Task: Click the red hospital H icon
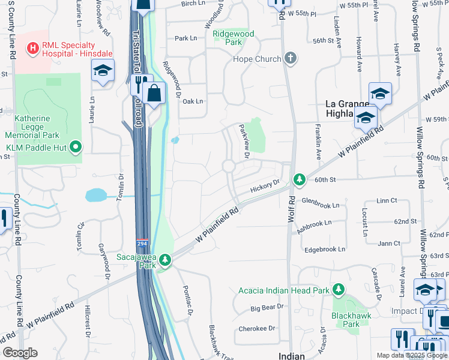tap(34, 47)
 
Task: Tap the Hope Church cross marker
tap(291, 59)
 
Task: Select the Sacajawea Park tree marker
tap(164, 260)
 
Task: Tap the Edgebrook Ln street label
tap(325, 249)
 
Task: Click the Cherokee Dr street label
tap(256, 328)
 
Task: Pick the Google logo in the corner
tap(20, 353)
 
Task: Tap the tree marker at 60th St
tap(299, 179)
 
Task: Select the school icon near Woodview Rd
tap(103, 71)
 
